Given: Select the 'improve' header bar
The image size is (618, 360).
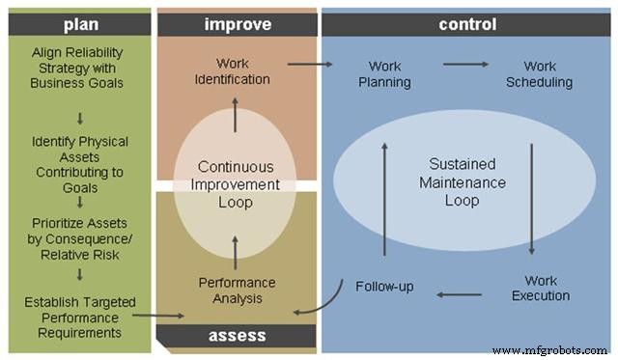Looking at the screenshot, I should pos(237,24).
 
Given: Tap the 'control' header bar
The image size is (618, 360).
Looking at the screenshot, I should pos(466,24).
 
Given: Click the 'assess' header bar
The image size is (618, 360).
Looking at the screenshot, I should pos(237,336).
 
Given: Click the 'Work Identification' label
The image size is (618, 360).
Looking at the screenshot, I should pos(232,72).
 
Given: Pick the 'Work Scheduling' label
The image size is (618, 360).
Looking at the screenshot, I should pos(540,74).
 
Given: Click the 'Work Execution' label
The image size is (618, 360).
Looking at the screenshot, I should pos(540,288).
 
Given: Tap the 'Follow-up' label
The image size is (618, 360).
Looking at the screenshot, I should pos(385,287).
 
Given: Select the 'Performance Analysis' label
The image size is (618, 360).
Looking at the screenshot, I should pos(237,291).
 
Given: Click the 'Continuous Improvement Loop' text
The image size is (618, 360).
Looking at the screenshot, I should pos(237,183).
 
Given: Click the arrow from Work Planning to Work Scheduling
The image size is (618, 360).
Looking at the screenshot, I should pos(465,66).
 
